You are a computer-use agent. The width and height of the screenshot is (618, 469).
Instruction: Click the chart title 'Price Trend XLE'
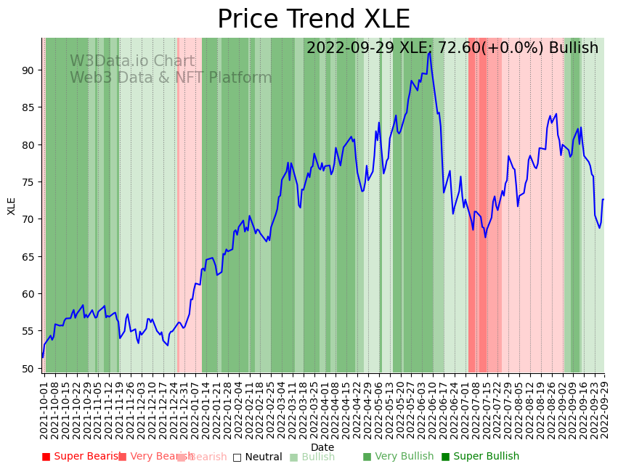(314, 20)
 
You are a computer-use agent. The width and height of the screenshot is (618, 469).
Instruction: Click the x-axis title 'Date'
(322, 448)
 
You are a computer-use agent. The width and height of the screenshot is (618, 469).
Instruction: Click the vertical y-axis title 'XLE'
(12, 205)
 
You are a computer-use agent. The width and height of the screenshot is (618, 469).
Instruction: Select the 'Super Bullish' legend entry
(480, 457)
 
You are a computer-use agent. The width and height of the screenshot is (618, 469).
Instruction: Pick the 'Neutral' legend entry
(257, 457)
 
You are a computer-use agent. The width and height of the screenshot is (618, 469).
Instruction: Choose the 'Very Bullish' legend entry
(398, 457)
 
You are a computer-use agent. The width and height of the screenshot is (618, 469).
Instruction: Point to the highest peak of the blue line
(430, 52)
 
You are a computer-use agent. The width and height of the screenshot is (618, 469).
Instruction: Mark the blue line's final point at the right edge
(603, 199)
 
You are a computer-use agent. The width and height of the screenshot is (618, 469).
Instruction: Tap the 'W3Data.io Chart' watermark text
(132, 62)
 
